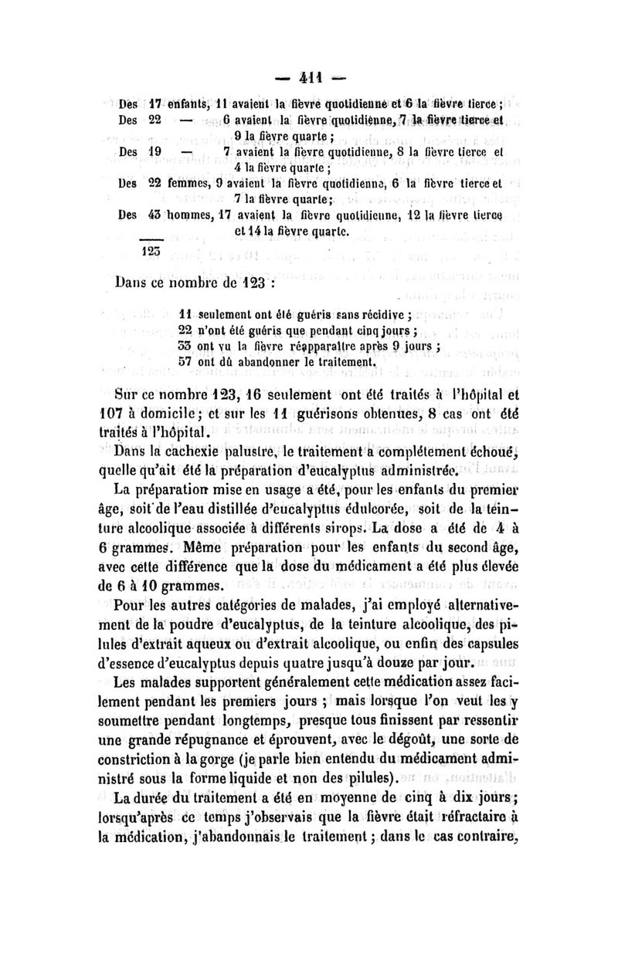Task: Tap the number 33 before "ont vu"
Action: pyautogui.click(x=185, y=345)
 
